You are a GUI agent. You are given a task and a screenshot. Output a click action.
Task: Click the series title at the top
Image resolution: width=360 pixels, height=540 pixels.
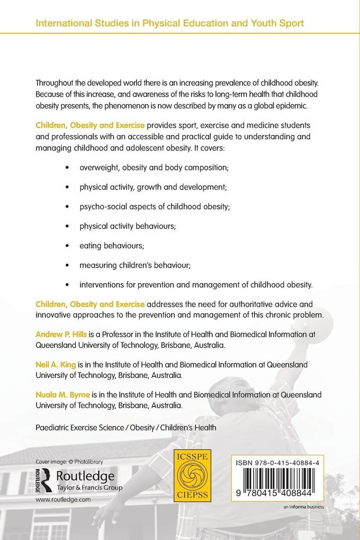click(169, 23)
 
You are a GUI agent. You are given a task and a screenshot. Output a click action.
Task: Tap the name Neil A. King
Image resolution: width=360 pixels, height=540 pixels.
click(56, 365)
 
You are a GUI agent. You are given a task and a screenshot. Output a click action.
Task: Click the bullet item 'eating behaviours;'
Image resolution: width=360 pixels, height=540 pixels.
click(111, 246)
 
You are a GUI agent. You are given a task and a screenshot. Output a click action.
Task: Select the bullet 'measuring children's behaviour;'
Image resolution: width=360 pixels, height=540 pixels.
click(132, 265)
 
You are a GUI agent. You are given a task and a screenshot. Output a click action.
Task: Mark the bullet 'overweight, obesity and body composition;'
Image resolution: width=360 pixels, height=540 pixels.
click(154, 167)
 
